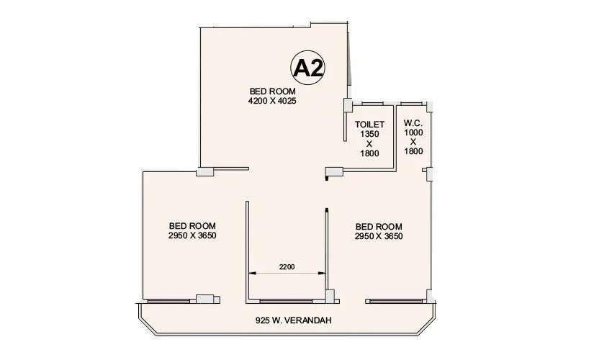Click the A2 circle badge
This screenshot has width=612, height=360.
pos(308,68)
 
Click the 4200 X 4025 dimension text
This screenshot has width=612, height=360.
pos(272,102)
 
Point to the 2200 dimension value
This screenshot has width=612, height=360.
pos(287,267)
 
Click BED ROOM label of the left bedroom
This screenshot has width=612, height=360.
pos(192,225)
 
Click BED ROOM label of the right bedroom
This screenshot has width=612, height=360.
pos(379,225)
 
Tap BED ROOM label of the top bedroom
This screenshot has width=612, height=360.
pos(272,91)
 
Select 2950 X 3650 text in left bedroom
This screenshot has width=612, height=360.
pos(192,235)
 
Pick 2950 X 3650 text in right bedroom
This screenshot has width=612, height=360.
pos(379,236)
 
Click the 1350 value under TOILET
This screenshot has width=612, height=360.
pos(369,134)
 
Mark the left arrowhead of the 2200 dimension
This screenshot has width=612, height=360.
pos(251,273)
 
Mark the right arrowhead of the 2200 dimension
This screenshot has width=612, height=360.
pos(323,273)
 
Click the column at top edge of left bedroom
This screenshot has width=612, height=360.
pos(205,171)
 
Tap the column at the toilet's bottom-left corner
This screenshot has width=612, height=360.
pos(333,172)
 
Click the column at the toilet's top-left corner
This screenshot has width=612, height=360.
pos(346,106)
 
